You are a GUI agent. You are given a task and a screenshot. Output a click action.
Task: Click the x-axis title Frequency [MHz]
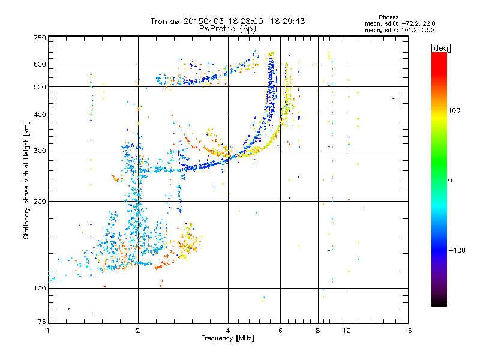227,339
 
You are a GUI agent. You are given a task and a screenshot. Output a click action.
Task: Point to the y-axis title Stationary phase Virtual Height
26,180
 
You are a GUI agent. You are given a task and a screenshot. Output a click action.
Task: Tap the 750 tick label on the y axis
40,37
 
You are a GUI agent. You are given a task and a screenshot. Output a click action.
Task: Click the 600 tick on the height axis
40,64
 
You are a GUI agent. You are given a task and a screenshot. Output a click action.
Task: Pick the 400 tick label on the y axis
40,115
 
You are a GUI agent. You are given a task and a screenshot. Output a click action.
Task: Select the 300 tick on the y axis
40,151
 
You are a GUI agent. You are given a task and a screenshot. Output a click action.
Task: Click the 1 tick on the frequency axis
48,331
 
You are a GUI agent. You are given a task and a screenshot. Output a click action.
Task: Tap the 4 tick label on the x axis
228,331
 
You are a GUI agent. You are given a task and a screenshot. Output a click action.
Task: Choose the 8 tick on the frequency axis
318,331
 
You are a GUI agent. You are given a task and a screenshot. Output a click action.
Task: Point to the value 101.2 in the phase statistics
403,29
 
